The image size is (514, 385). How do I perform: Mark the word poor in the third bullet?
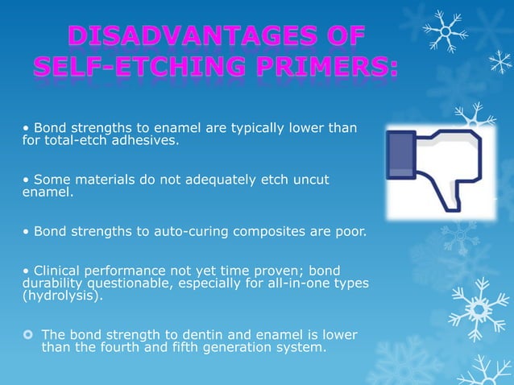[x=350, y=233]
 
